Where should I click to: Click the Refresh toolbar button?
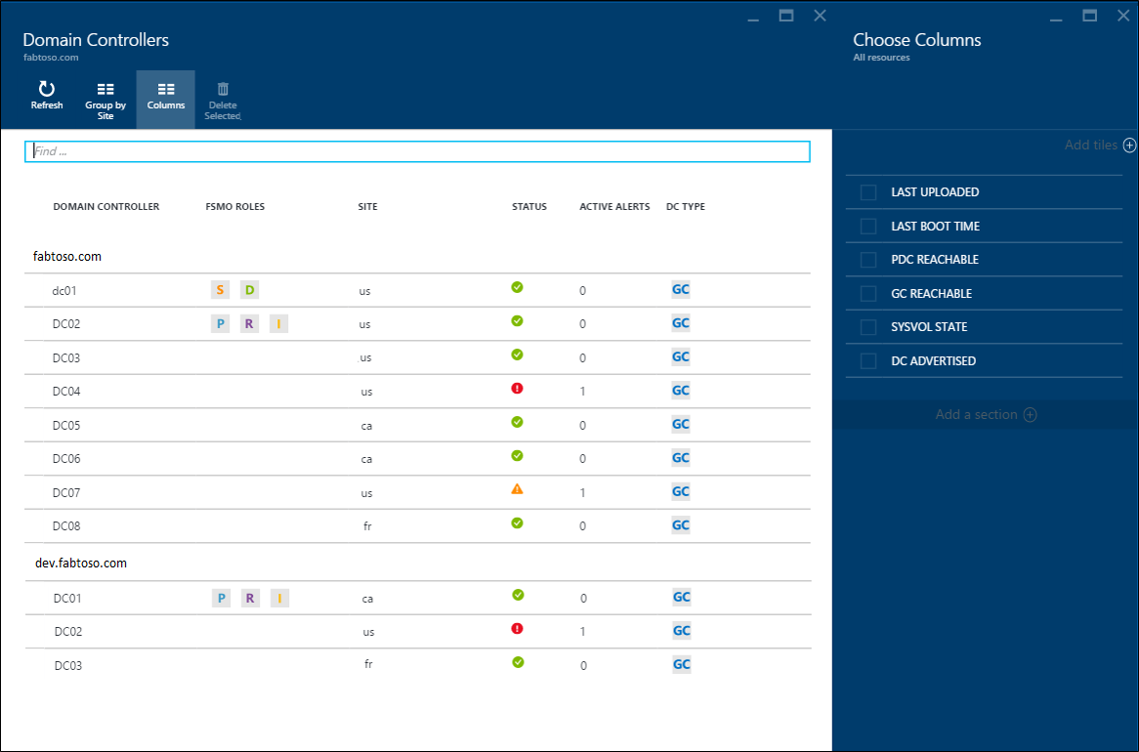pyautogui.click(x=47, y=96)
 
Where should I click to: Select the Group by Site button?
pyautogui.click(x=105, y=99)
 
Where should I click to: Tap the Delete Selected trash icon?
pyautogui.click(x=223, y=89)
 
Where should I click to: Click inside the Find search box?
pyautogui.click(x=417, y=151)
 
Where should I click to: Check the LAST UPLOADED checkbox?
pyautogui.click(x=868, y=192)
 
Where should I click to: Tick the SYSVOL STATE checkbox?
pyautogui.click(x=868, y=327)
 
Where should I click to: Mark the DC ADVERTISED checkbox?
pyautogui.click(x=868, y=361)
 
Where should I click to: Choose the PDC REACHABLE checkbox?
pyautogui.click(x=868, y=260)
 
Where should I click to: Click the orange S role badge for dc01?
pyautogui.click(x=220, y=290)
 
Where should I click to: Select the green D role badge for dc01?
pyautogui.click(x=249, y=290)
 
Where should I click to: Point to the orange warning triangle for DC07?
pyautogui.click(x=518, y=489)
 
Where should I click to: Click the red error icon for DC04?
pyautogui.click(x=518, y=389)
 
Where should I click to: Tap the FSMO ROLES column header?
pyautogui.click(x=235, y=207)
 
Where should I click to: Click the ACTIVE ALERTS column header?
pyautogui.click(x=614, y=207)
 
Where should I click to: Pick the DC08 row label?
pyautogui.click(x=66, y=526)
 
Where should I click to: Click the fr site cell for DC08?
pyautogui.click(x=367, y=526)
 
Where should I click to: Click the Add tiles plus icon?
pyautogui.click(x=1129, y=146)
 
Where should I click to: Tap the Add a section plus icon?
pyautogui.click(x=1030, y=415)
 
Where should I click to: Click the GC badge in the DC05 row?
pyautogui.click(x=681, y=424)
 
